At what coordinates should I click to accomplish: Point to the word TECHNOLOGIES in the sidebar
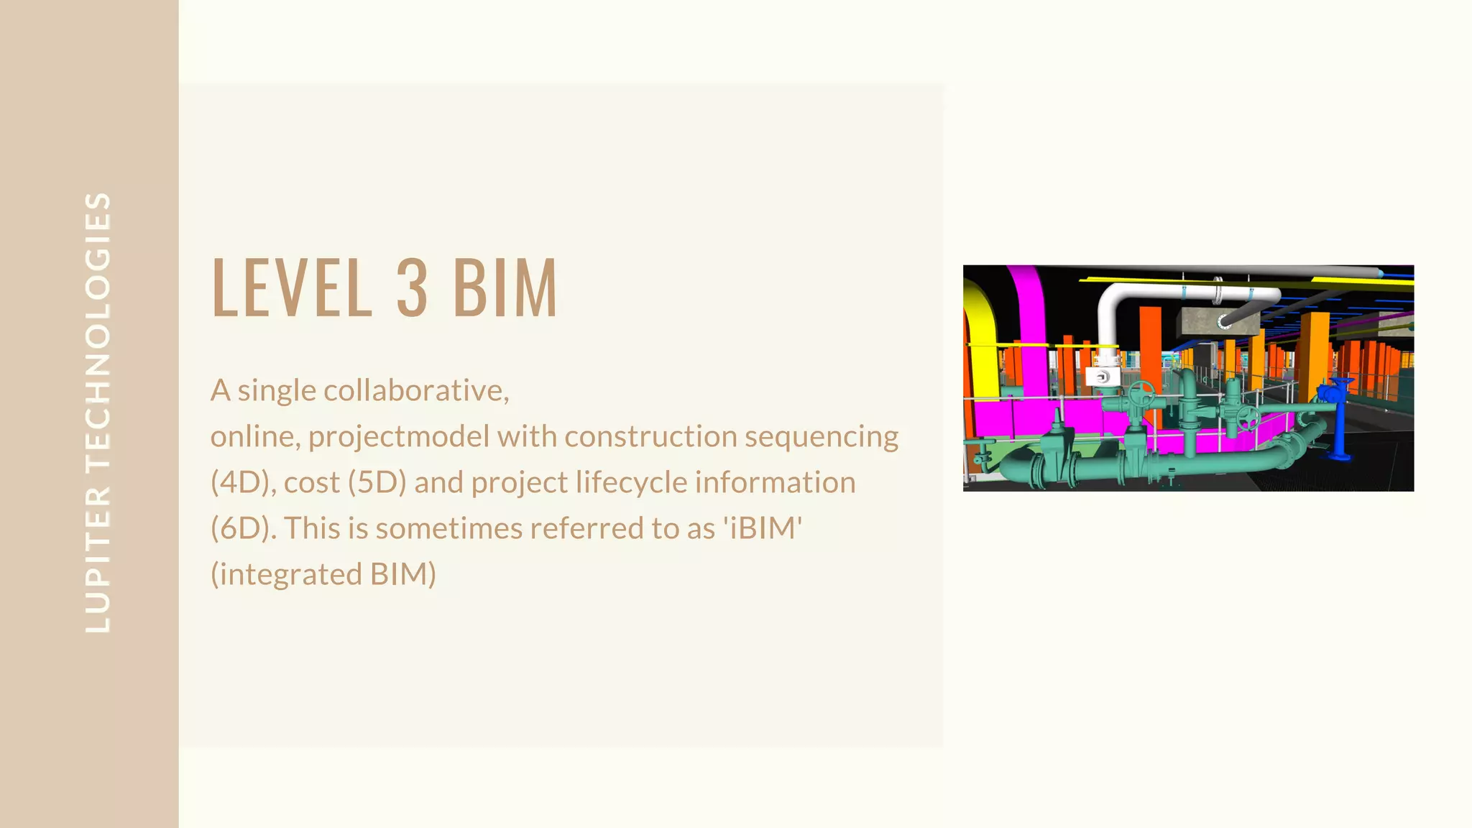98,330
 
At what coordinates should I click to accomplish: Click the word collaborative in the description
416,390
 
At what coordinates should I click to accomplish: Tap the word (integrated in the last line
286,575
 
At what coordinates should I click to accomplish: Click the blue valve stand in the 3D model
1338,420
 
